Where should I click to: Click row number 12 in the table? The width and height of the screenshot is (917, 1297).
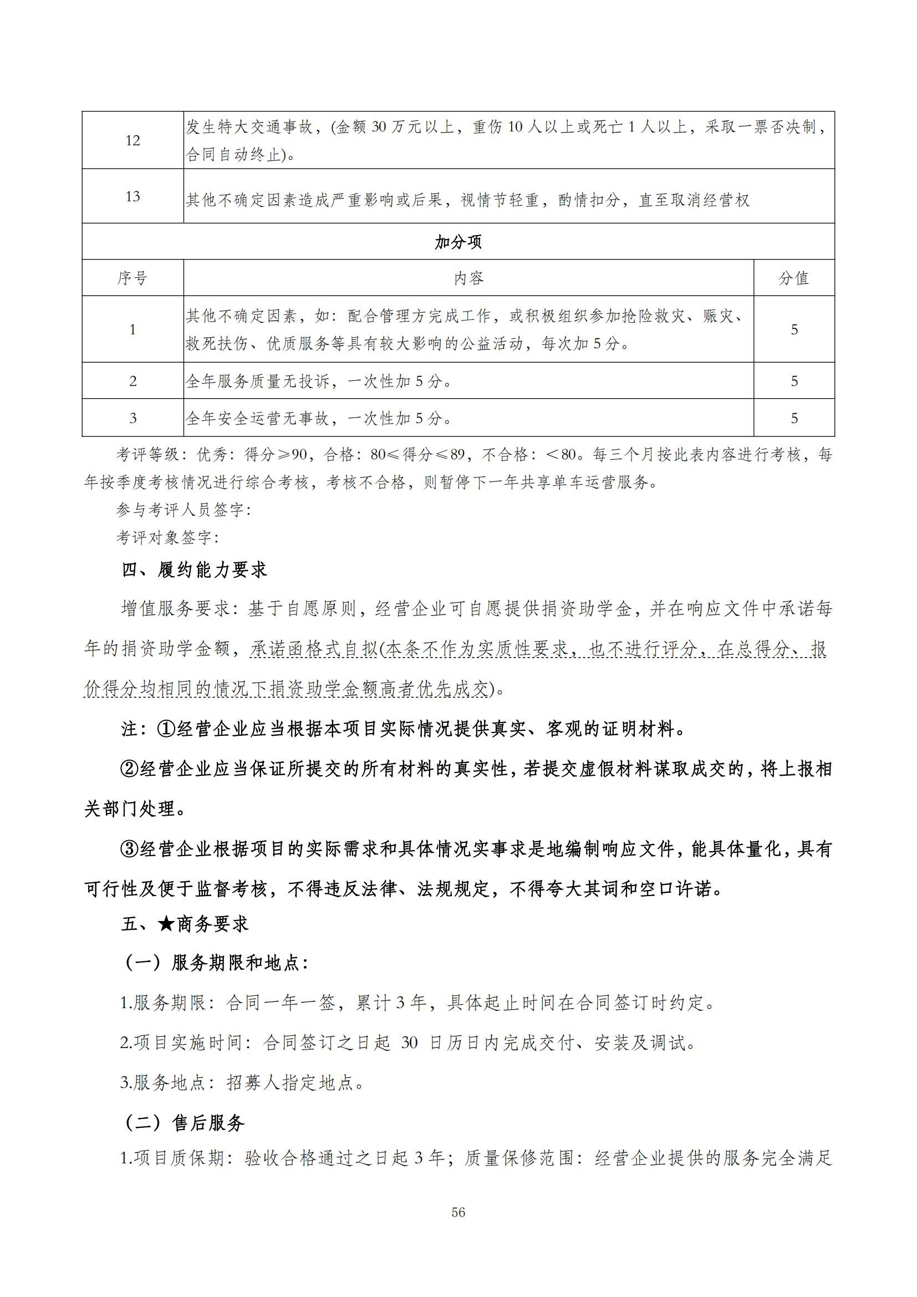click(133, 141)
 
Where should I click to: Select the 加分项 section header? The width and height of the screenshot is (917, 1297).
click(458, 242)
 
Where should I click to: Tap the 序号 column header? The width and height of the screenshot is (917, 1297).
click(133, 278)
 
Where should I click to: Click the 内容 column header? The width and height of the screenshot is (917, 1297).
click(468, 278)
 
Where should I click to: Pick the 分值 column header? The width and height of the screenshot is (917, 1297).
click(794, 278)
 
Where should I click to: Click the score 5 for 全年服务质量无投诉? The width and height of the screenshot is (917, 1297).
click(794, 382)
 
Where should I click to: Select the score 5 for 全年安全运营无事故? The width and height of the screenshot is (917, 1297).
click(794, 418)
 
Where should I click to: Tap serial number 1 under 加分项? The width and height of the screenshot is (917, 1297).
click(133, 329)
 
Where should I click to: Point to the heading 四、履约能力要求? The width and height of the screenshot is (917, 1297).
click(194, 570)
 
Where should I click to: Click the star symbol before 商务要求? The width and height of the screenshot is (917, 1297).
click(166, 924)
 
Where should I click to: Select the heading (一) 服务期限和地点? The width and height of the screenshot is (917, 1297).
click(215, 963)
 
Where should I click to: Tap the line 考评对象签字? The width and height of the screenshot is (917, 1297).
click(167, 537)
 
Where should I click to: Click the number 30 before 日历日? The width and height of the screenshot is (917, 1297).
click(409, 1043)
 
